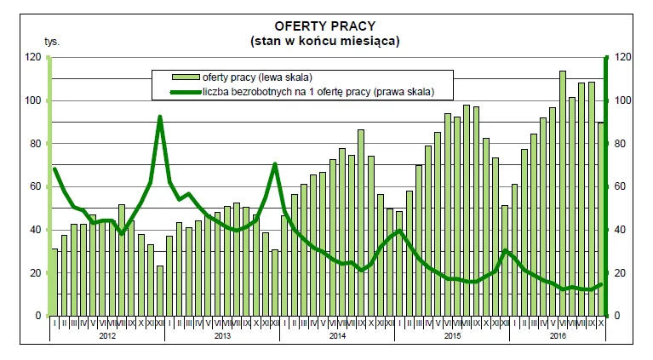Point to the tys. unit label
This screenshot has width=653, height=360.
(52, 40)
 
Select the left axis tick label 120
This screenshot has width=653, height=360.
(33, 57)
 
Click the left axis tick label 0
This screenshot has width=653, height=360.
(38, 316)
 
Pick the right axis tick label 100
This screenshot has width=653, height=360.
(621, 100)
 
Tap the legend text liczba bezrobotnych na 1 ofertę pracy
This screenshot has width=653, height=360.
(318, 91)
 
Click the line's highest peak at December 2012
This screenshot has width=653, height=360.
(160, 117)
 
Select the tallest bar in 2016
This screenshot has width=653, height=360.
(563, 71)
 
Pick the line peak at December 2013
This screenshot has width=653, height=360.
(275, 163)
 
